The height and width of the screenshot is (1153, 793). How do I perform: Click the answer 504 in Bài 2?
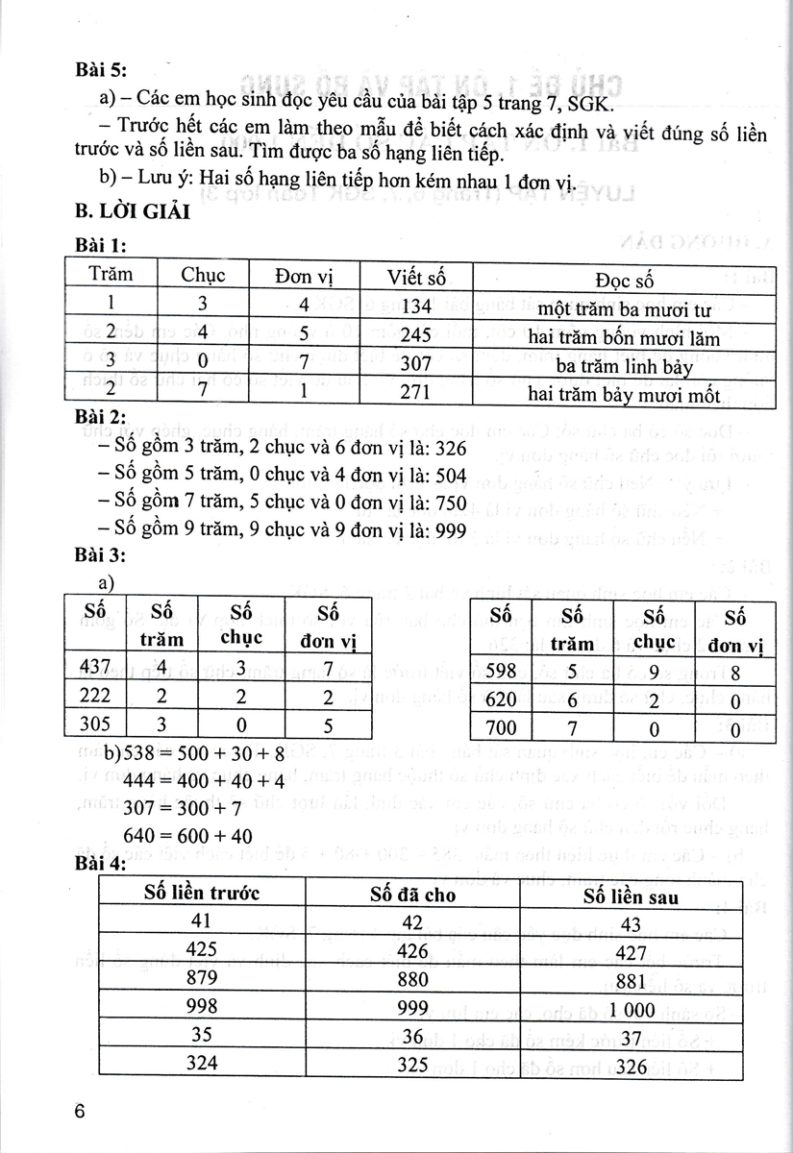[447, 475]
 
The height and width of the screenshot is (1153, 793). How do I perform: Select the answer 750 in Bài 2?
[447, 503]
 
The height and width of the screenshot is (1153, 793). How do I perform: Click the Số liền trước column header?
[203, 895]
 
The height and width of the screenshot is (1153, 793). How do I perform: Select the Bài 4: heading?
[100, 866]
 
